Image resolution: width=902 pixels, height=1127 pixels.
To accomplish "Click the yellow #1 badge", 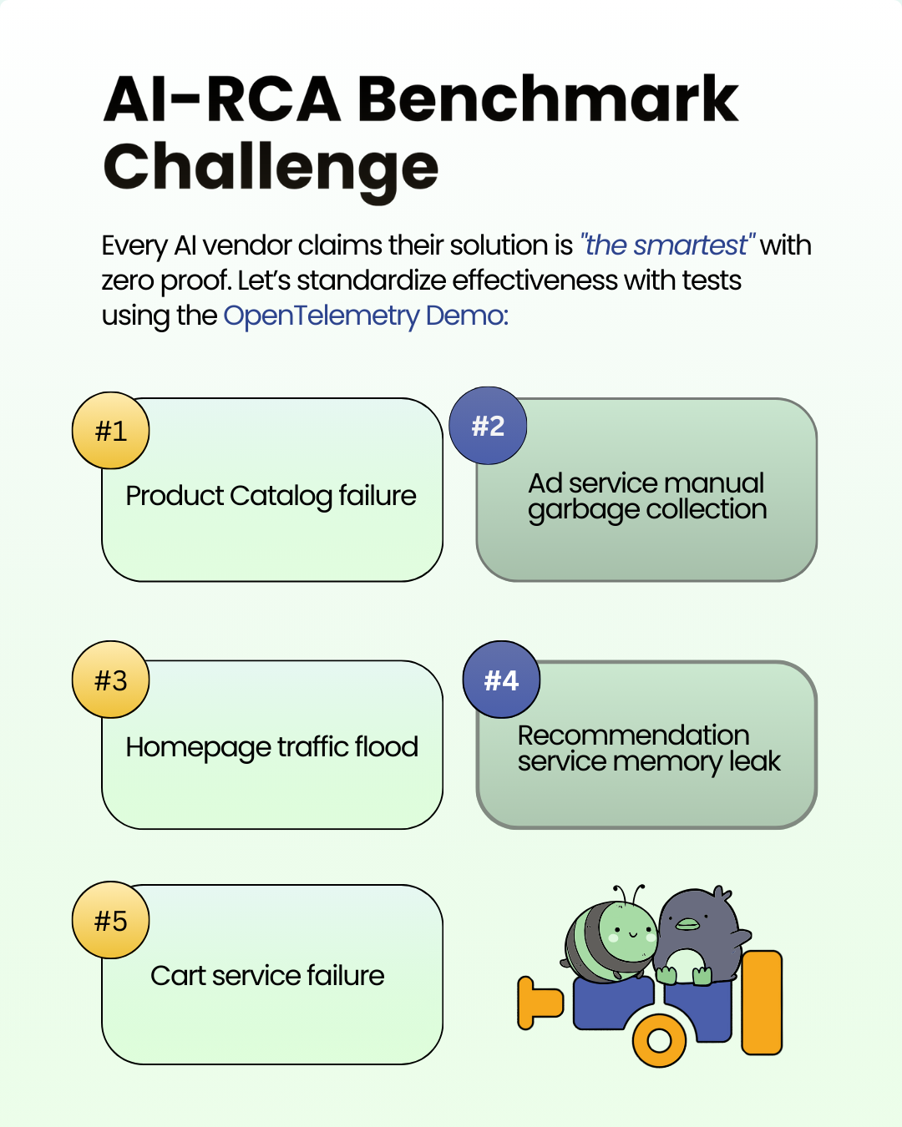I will (110, 431).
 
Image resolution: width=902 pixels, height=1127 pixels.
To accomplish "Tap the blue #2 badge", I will (488, 426).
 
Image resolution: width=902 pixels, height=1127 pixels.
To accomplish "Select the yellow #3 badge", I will (110, 680).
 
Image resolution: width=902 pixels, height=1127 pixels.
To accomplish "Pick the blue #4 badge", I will (501, 680).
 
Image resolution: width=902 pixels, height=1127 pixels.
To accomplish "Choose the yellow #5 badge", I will (110, 921).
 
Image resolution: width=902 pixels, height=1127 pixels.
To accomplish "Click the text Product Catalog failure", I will (271, 496).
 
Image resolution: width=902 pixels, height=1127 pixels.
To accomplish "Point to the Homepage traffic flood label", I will (271, 747).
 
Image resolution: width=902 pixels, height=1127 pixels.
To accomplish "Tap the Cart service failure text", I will (267, 975).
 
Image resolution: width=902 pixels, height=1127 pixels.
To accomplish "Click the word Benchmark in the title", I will (548, 99).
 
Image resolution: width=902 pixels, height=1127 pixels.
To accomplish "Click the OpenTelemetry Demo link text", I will (366, 316).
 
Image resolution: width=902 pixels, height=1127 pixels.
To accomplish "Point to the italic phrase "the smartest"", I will (666, 245).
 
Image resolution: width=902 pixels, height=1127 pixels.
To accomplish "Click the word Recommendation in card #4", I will (633, 735).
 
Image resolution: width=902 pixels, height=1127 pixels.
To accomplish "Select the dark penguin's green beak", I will (687, 924).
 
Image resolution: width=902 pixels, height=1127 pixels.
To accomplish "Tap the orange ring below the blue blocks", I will (659, 1040).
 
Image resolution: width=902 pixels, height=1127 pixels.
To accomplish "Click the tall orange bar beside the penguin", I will (762, 1002).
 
